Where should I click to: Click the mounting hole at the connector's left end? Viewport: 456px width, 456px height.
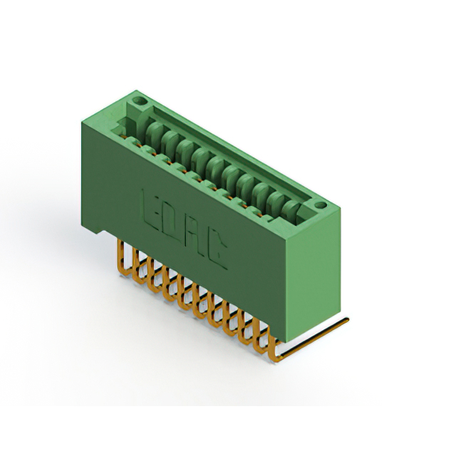142,102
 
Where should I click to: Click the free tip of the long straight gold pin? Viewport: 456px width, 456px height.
347,320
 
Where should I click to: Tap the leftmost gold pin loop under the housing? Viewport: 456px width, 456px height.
123,259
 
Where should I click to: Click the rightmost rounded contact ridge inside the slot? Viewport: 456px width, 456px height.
291,210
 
